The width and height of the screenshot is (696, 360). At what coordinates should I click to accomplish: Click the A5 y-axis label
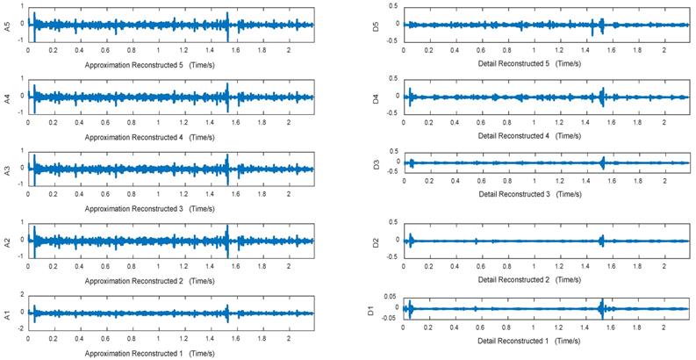(x=8, y=25)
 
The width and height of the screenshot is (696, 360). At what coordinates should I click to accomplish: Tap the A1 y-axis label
(x=8, y=313)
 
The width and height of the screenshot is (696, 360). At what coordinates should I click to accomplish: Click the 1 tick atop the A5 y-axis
(x=24, y=9)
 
